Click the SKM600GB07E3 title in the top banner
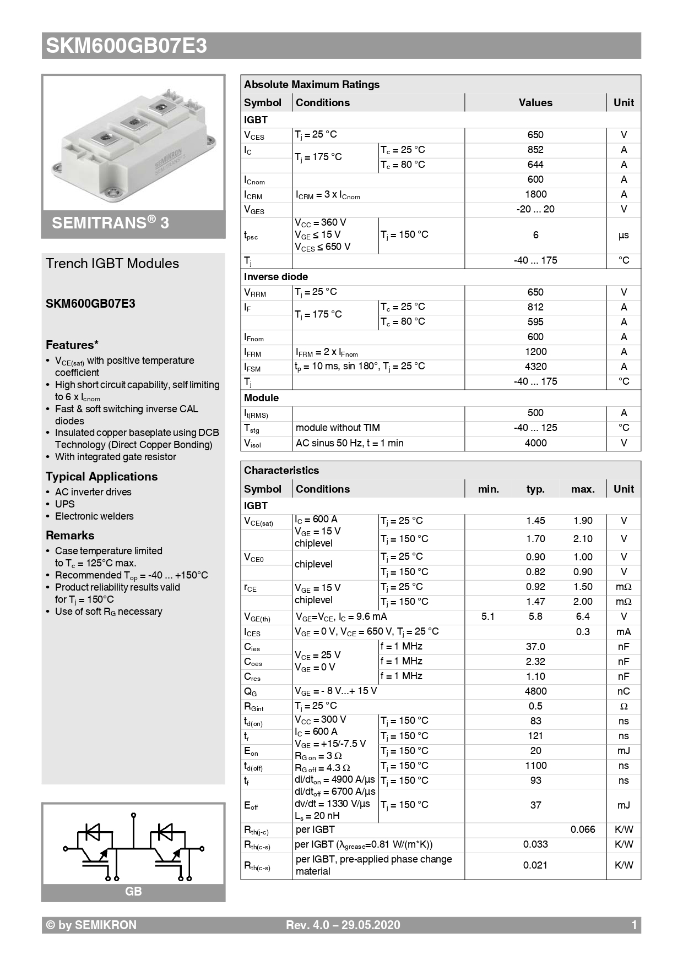tap(126, 46)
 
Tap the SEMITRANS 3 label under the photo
tap(110, 223)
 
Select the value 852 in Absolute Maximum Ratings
tap(535, 150)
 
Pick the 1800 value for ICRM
tap(535, 194)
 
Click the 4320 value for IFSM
tap(535, 367)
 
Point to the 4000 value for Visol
tap(535, 443)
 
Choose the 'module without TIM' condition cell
tap(338, 428)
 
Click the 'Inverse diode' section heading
tap(276, 277)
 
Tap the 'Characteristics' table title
tap(281, 471)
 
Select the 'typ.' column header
tap(535, 489)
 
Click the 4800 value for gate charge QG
tap(535, 691)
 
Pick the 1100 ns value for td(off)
tap(535, 766)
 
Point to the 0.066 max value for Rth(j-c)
tap(583, 829)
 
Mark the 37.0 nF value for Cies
tap(535, 647)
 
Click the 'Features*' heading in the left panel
tap(72, 345)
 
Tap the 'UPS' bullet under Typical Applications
tap(64, 504)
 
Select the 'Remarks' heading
tap(70, 536)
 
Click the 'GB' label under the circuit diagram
tap(133, 892)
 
